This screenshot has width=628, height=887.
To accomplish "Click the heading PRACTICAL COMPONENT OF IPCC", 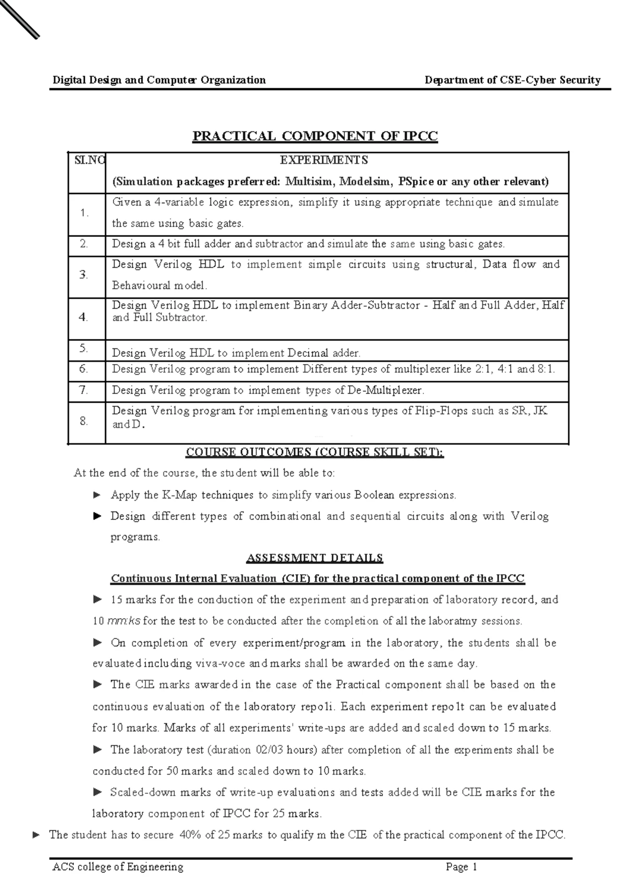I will pos(315,137).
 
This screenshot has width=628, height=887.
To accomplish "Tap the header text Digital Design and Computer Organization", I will pos(159,80).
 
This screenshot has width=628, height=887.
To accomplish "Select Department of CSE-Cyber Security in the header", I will pos(512,80).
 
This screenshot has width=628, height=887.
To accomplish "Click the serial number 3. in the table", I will pos(84,275).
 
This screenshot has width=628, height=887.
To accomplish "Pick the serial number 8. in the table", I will pos(84,420).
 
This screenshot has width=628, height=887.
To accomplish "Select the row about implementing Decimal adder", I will pos(237,353).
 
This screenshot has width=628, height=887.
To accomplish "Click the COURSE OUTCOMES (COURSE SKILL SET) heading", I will pos(315,452).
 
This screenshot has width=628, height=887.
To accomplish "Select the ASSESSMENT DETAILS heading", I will pos(315,558).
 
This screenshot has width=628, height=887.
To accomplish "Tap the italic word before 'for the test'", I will pos(124,621).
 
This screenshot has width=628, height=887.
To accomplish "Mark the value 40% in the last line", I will pos(189,835).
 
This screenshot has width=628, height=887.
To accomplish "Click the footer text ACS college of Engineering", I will pos(118,867).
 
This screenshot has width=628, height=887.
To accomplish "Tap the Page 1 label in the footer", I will pos(462,867).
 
